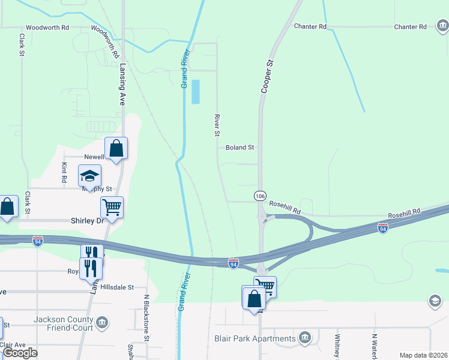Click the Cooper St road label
pos(267,75)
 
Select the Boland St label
pos(240,147)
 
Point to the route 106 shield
pos(260,196)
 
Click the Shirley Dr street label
pos(87,221)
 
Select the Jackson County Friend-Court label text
pos(63,323)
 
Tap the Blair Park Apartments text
pos(255,338)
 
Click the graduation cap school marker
pos(90,176)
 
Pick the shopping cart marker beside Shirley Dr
pos(112,208)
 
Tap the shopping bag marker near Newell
pos(116,148)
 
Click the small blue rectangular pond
pos(195,92)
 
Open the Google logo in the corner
pos(20,353)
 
